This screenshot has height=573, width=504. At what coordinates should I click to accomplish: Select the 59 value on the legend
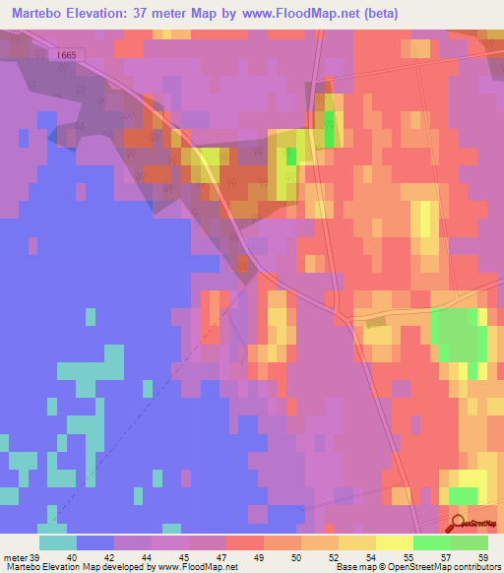click(482, 558)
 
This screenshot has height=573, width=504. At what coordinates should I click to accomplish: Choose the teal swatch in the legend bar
click(57, 542)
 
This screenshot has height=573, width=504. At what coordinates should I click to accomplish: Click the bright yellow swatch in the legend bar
click(394, 542)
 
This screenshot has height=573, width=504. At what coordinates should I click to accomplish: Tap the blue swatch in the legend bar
click(95, 542)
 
